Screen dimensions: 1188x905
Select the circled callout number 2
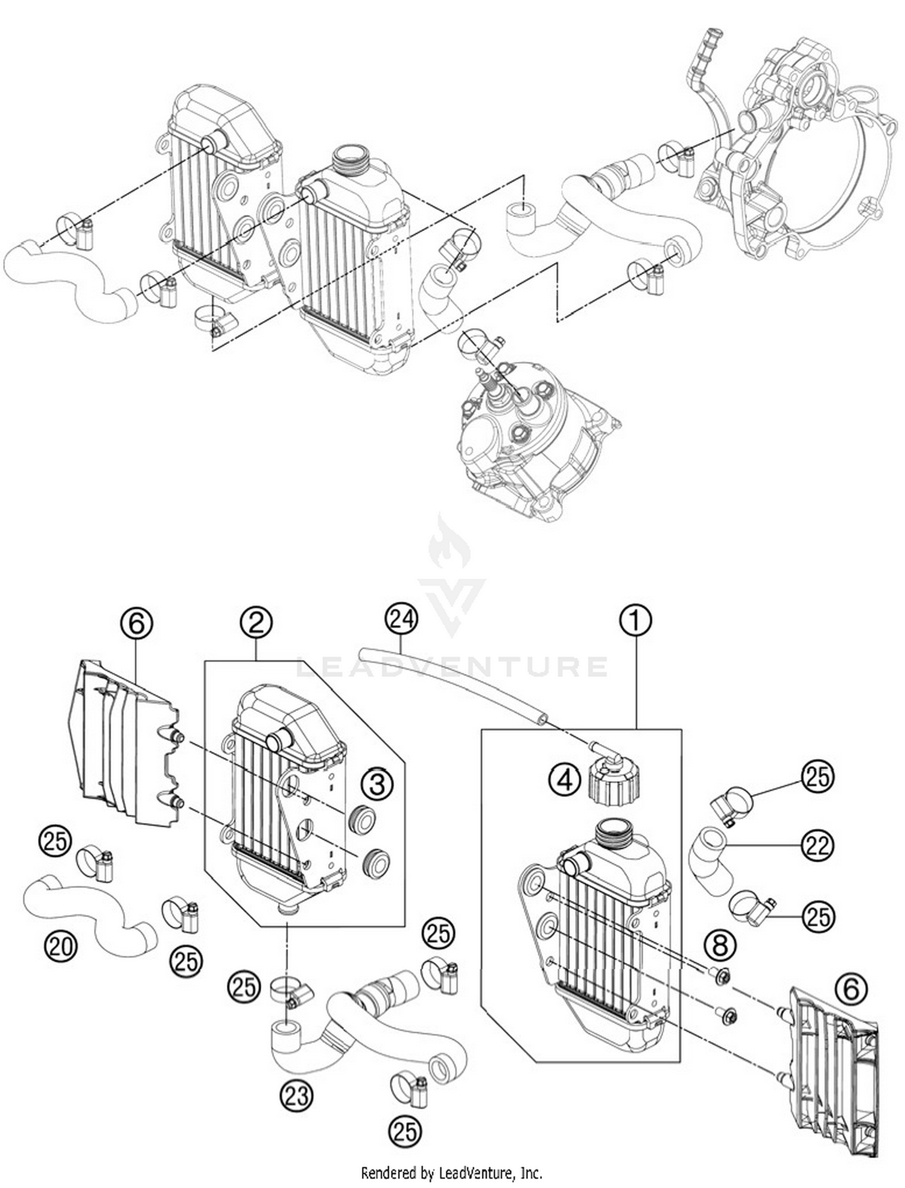(256, 622)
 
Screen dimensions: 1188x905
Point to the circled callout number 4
(565, 780)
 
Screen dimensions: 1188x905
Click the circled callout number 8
(720, 945)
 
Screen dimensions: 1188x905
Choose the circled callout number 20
(61, 946)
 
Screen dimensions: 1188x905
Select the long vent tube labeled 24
(453, 682)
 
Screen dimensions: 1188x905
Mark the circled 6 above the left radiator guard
(137, 623)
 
